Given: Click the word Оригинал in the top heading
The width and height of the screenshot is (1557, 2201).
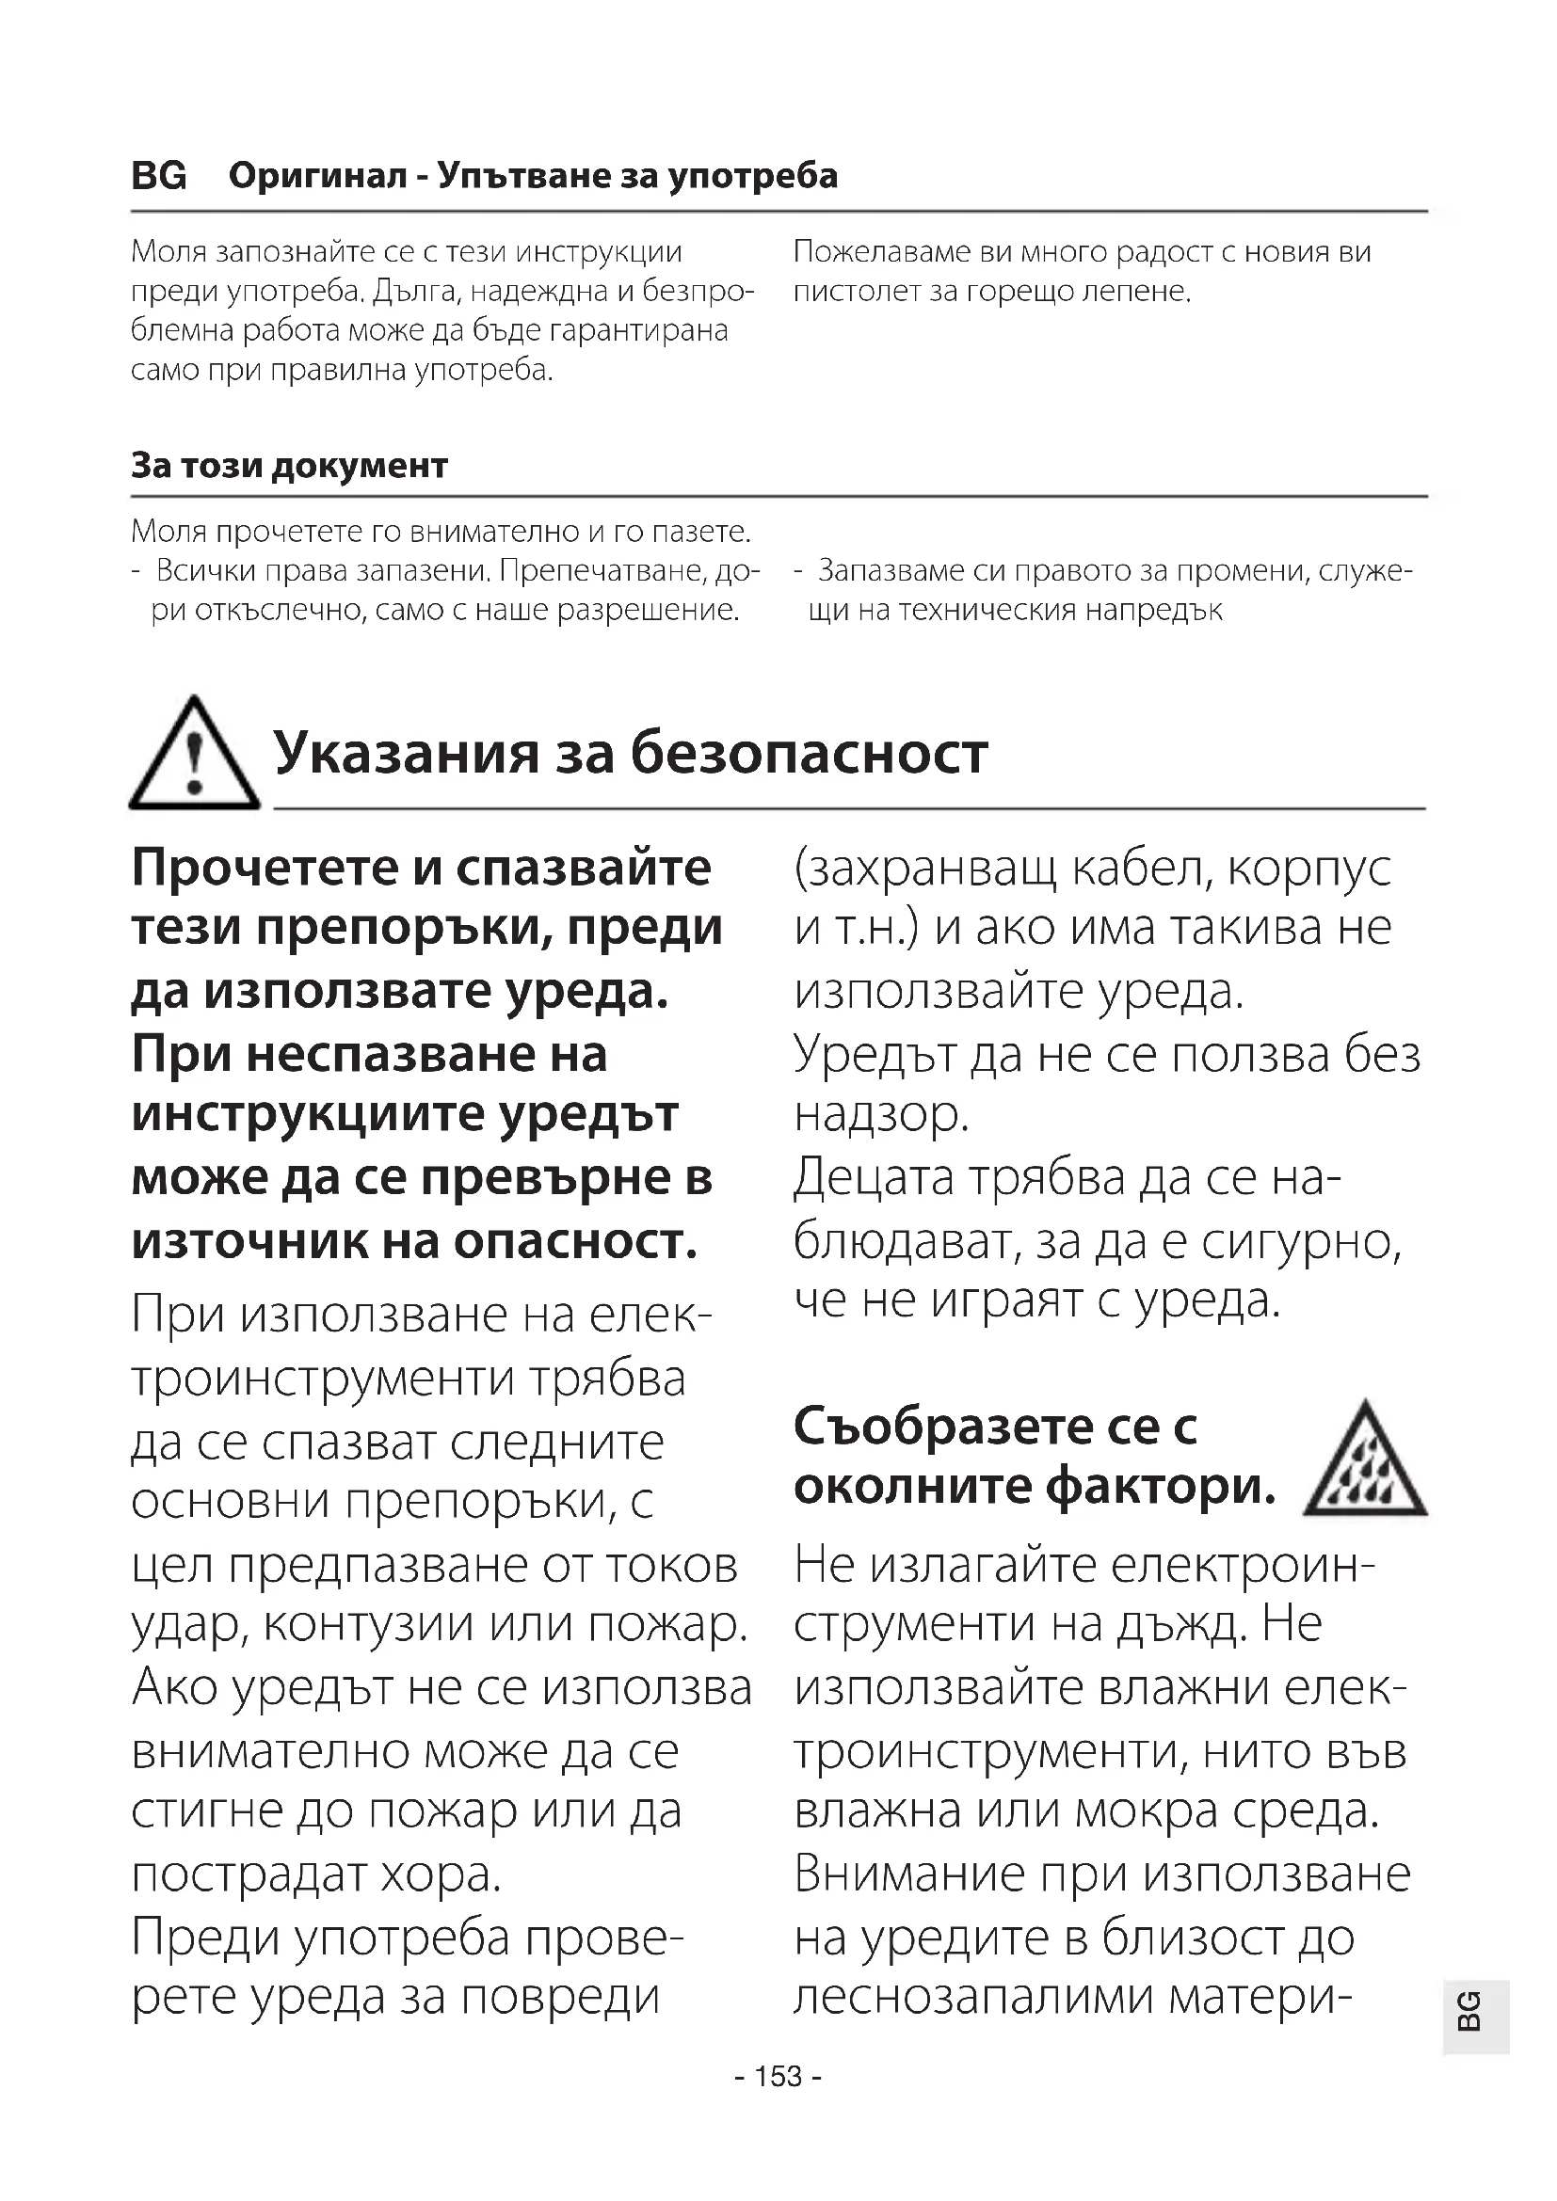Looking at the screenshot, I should coord(317,176).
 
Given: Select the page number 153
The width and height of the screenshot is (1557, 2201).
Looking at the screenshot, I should coord(778,2077).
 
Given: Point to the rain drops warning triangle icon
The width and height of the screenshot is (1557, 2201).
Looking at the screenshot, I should coord(1365,1462).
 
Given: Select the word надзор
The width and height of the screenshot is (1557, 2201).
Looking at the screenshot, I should coord(880,1115).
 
